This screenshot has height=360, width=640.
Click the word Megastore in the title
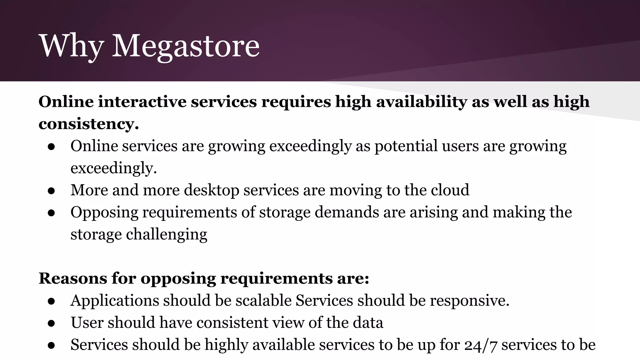pyautogui.click(x=186, y=46)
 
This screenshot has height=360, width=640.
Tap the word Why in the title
pyautogui.click(x=71, y=46)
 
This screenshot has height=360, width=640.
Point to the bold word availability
pyautogui.click(x=421, y=102)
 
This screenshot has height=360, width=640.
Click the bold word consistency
pyautogui.click(x=88, y=124)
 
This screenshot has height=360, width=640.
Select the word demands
pyautogui.click(x=347, y=212)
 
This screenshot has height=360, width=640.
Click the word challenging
pyautogui.click(x=167, y=234)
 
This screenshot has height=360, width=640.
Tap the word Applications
pyautogui.click(x=114, y=300)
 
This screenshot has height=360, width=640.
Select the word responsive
pyautogui.click(x=469, y=300)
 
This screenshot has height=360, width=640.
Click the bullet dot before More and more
pyautogui.click(x=52, y=191)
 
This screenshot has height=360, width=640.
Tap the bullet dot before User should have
pyautogui.click(x=52, y=323)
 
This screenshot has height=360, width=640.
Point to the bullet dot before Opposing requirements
pyautogui.click(x=52, y=213)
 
